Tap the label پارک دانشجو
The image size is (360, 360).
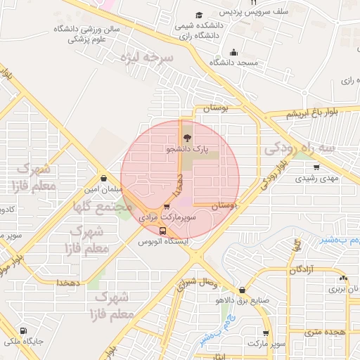tap(187, 149)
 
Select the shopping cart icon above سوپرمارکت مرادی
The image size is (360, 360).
tap(166, 207)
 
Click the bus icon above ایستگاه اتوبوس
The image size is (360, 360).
tap(163, 231)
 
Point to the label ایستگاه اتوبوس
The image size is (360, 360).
tap(163, 241)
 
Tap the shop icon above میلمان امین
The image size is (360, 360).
tap(104, 179)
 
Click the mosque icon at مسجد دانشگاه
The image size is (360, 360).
tap(234, 52)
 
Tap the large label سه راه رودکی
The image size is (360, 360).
tap(310, 149)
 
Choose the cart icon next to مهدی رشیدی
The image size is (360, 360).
tap(316, 167)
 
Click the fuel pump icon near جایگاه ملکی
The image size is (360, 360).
tap(24, 331)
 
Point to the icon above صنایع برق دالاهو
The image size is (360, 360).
tap(243, 290)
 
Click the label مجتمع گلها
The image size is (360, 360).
tap(102, 207)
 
